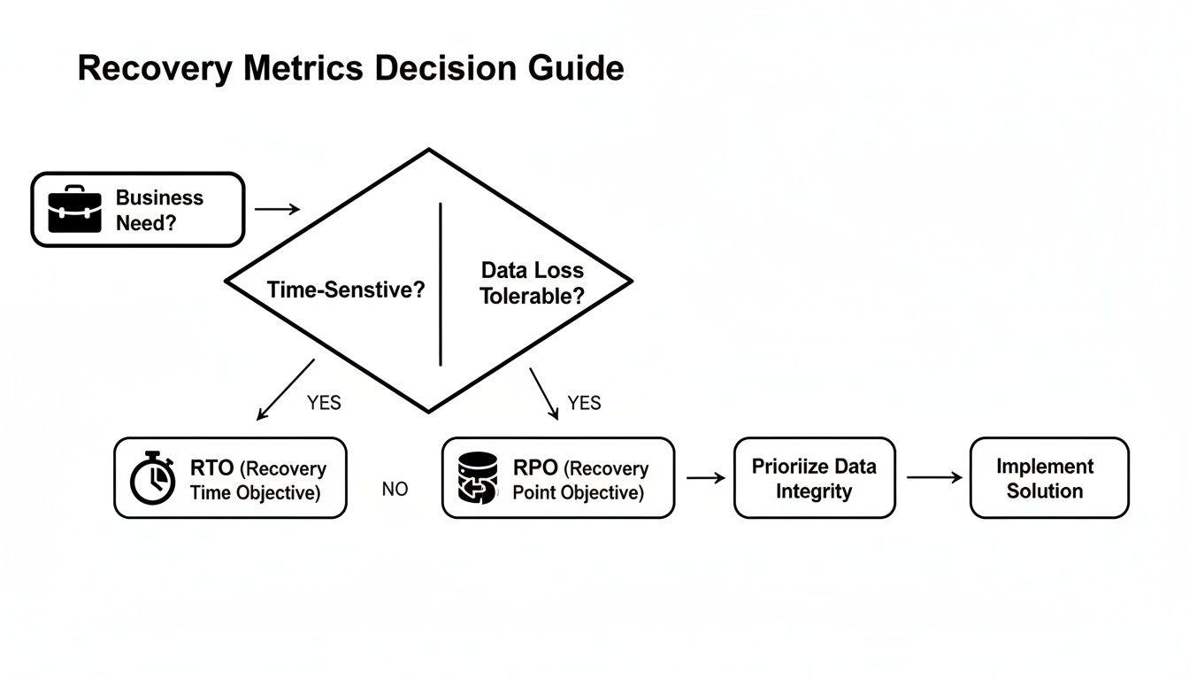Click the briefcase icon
(74, 210)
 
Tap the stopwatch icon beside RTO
(152, 479)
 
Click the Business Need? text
(159, 210)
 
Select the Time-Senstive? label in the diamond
(346, 290)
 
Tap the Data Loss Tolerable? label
(532, 283)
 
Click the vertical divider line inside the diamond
(441, 283)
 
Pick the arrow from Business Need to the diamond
(277, 210)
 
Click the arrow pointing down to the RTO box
(285, 389)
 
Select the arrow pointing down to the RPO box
(544, 393)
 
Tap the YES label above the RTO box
(324, 403)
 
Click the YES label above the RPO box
(584, 403)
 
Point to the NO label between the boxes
(395, 489)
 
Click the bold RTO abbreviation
(211, 468)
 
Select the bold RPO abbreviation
(535, 468)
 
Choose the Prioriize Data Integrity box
(814, 478)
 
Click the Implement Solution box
(1048, 478)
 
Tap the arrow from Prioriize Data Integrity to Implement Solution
(934, 478)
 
